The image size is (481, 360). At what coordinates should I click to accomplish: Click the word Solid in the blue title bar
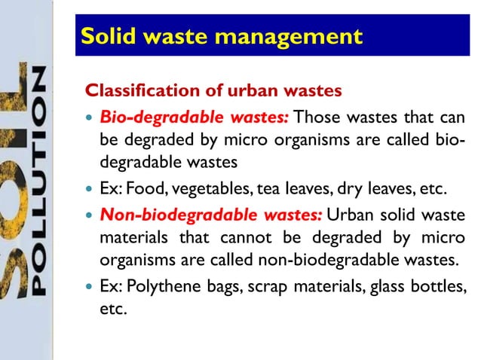[x=108, y=36]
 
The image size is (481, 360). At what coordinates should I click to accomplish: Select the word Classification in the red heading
[x=143, y=92]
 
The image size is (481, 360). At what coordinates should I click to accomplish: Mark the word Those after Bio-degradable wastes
[x=315, y=117]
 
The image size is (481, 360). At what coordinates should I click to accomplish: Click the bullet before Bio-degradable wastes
[x=90, y=118]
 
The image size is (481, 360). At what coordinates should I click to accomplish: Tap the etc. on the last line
[x=112, y=310]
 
